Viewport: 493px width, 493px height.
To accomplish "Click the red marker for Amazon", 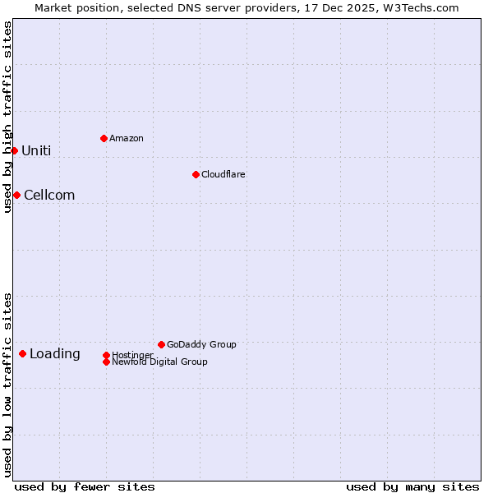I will click(104, 138).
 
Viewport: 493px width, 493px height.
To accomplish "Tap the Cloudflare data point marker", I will click(196, 174).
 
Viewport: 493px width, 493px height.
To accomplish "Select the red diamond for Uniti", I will click(14, 150).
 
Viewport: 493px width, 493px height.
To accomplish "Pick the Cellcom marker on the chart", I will click(16, 195).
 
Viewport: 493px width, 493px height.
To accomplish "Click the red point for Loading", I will click(22, 353).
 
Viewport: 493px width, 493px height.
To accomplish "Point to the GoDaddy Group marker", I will click(161, 344).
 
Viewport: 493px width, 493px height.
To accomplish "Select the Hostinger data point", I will click(106, 355).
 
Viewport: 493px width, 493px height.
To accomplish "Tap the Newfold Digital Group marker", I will click(106, 362).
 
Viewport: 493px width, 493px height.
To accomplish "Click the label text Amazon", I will click(126, 138).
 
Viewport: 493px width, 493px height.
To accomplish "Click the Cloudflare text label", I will click(223, 174).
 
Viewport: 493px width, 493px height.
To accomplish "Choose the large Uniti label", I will click(36, 150).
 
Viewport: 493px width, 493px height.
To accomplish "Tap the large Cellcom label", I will click(49, 195).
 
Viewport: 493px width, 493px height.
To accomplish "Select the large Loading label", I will click(55, 353).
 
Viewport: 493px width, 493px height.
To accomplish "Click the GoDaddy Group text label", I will click(201, 344).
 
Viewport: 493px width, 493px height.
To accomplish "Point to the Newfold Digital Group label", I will click(159, 362).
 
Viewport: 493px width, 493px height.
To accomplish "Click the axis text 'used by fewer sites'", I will click(85, 486).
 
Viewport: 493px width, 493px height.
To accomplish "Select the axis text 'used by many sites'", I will click(412, 486).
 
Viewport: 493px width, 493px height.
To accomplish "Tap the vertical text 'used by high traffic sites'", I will click(7, 117).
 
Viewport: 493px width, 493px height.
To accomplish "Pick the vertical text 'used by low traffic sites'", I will click(7, 385).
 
